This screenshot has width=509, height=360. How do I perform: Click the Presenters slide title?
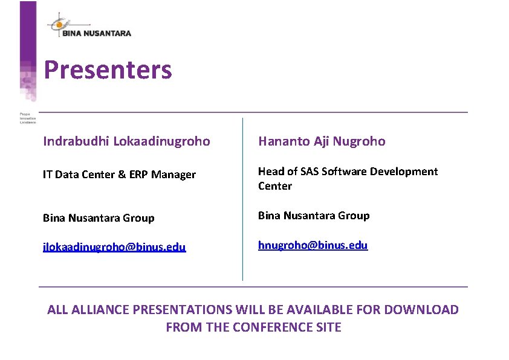[108, 70]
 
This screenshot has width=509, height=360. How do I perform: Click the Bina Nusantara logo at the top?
[89, 27]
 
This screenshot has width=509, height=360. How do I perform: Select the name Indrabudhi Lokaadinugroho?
[126, 141]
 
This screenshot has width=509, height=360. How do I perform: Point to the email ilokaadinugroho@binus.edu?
[114, 247]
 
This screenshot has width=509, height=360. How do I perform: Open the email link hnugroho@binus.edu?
[313, 245]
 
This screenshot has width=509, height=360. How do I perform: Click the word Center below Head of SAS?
[275, 186]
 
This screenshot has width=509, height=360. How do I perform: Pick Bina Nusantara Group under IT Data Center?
[99, 218]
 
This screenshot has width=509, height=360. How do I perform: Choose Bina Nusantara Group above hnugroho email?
[314, 216]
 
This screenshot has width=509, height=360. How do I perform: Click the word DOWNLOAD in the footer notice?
[421, 310]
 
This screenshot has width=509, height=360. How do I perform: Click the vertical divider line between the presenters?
[242, 199]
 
